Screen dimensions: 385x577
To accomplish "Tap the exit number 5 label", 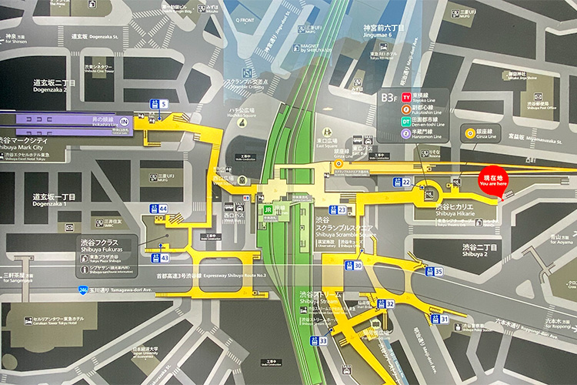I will (164, 104).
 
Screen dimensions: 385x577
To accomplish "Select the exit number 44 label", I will (163, 209).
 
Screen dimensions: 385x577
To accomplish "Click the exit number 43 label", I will (164, 258).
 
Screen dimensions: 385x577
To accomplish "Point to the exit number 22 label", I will (405, 182).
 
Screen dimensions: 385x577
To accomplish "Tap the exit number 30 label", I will (358, 266).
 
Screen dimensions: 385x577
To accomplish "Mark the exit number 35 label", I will (439, 271).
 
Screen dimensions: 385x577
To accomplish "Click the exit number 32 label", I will (390, 304).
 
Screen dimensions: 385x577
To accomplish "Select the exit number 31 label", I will (444, 319).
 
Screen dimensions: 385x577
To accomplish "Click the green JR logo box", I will (268, 209).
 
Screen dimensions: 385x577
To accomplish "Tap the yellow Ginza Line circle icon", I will (469, 132).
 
